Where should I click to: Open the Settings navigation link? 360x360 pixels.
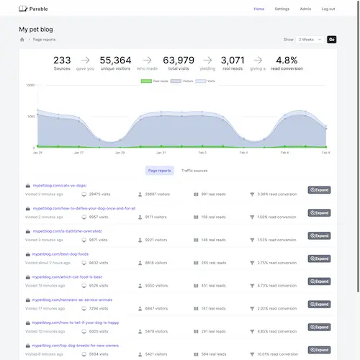click(x=282, y=9)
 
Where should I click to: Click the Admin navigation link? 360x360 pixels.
click(x=305, y=9)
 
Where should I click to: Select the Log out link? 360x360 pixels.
click(x=328, y=9)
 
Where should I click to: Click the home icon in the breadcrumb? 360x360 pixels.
click(x=22, y=40)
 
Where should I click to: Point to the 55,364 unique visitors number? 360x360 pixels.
click(x=115, y=60)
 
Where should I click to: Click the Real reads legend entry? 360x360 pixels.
click(x=160, y=81)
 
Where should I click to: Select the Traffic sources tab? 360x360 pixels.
click(x=194, y=171)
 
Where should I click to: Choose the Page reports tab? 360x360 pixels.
click(x=159, y=171)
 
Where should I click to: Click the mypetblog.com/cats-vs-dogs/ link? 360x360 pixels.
click(x=60, y=186)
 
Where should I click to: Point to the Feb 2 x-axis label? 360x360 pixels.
click(x=202, y=153)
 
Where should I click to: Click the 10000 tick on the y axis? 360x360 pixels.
click(x=30, y=85)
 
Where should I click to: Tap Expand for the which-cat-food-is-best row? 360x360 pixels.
click(x=319, y=282)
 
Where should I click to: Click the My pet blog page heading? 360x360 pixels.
click(x=38, y=30)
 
